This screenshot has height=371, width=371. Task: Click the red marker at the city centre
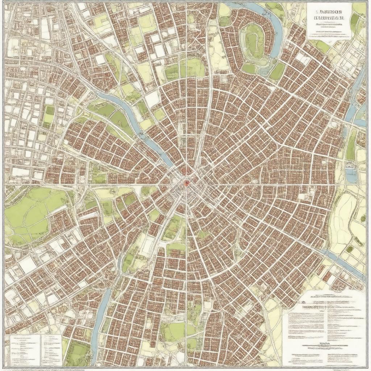[x=186, y=183]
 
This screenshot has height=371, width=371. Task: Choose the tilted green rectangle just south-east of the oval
[x=277, y=71]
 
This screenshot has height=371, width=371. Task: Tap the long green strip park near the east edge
[x=351, y=145]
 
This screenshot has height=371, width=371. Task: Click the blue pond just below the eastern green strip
[x=351, y=175]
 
